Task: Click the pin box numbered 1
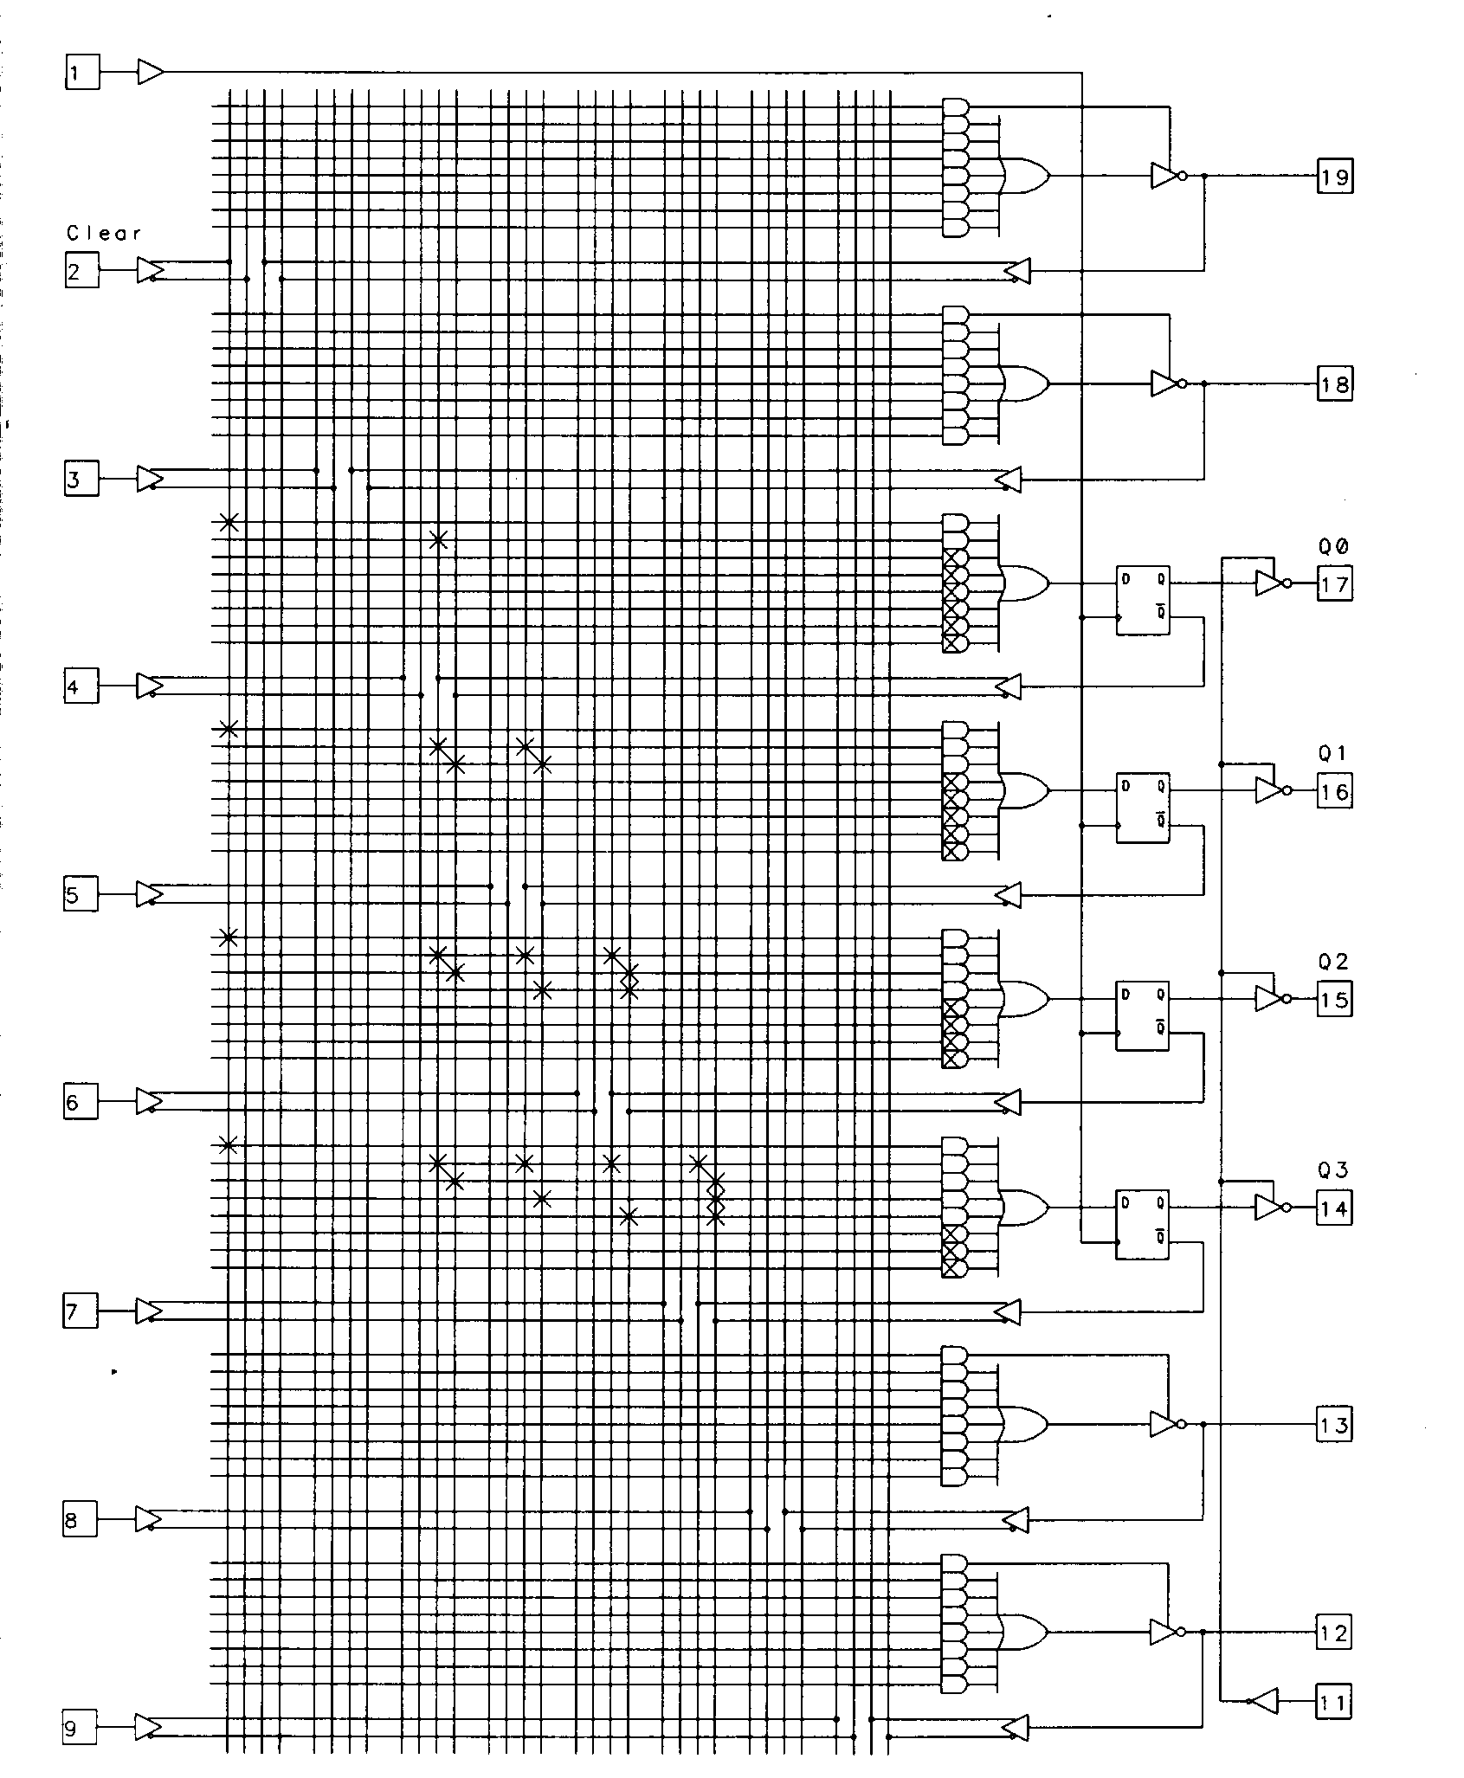pyautogui.click(x=82, y=72)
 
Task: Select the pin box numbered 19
pyautogui.click(x=1334, y=177)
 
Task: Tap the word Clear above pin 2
pyautogui.click(x=103, y=233)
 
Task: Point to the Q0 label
pyautogui.click(x=1333, y=546)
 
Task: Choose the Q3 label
pyautogui.click(x=1333, y=1170)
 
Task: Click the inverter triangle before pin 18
pyautogui.click(x=1166, y=383)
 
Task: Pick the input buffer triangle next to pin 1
pyautogui.click(x=151, y=72)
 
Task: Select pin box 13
pyautogui.click(x=1333, y=1424)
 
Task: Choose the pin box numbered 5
pyautogui.click(x=81, y=894)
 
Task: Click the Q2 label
pyautogui.click(x=1333, y=962)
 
